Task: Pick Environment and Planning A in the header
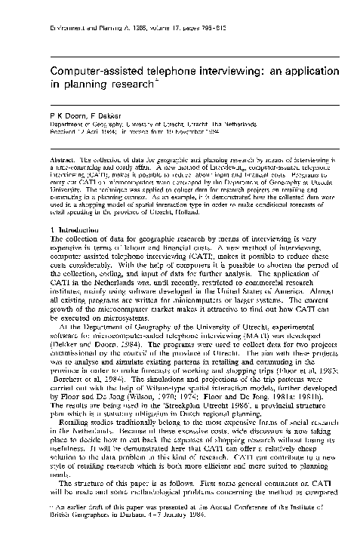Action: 71,12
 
